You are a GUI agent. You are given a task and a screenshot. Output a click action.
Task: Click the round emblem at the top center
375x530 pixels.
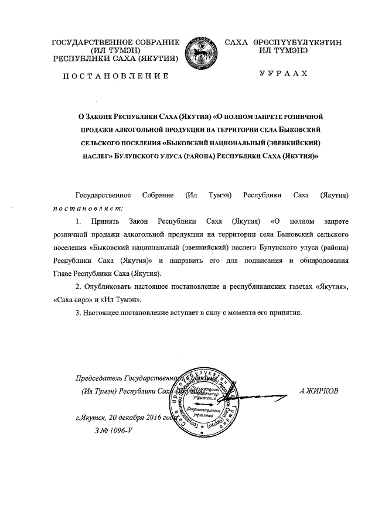click(201, 51)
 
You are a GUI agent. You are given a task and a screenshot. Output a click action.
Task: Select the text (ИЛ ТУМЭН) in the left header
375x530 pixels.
click(115, 50)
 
